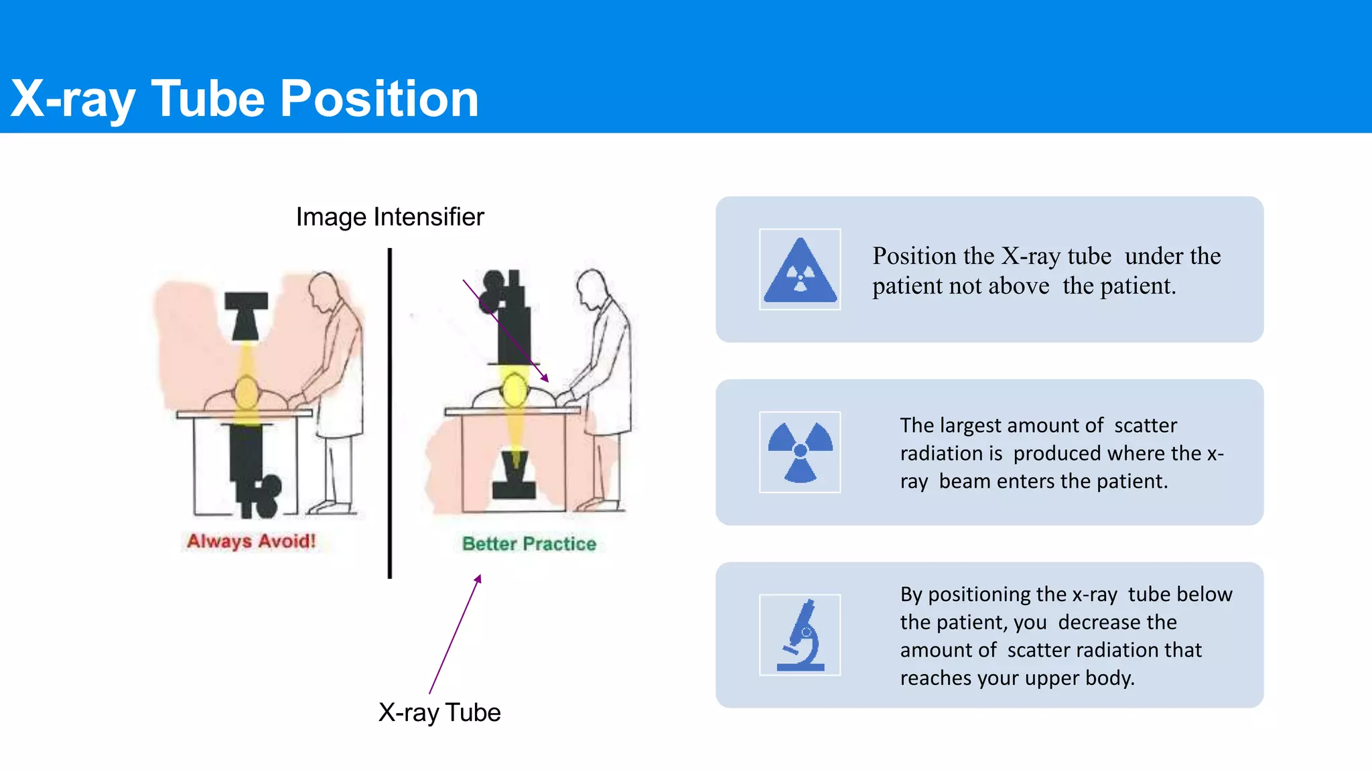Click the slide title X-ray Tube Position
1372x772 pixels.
tap(245, 99)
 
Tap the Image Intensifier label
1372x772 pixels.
tap(390, 217)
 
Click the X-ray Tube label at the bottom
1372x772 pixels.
tap(439, 712)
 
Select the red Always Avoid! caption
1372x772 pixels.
tap(251, 541)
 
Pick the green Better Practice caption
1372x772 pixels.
tap(529, 543)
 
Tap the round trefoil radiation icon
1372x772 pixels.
tap(800, 452)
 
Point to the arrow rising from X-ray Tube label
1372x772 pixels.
tap(456, 633)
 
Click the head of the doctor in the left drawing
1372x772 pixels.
tap(324, 288)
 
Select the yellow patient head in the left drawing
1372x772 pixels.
tap(247, 393)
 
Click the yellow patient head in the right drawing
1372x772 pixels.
tap(514, 390)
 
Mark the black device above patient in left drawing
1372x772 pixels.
tap(246, 316)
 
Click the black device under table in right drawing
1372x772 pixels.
tap(514, 476)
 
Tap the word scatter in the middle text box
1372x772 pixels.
tap(1146, 426)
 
